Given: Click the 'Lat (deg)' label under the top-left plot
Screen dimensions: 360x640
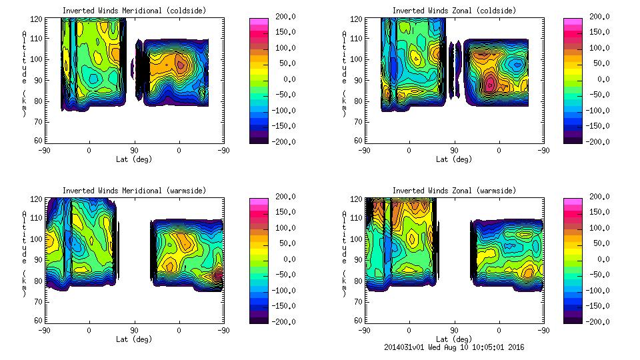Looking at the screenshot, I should (134, 159).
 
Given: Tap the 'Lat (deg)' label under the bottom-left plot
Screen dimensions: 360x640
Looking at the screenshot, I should (134, 339).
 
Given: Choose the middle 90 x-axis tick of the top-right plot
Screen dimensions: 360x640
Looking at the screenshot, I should (454, 151).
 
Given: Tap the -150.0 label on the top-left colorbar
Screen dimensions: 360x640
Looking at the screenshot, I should (285, 126).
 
